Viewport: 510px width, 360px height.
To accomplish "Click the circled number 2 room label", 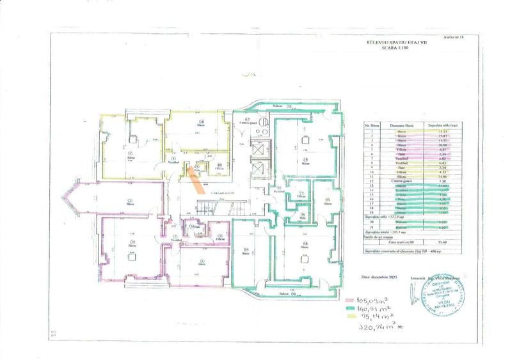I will point(129,202).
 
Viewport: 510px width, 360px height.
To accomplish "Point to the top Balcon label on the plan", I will point(278,106).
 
